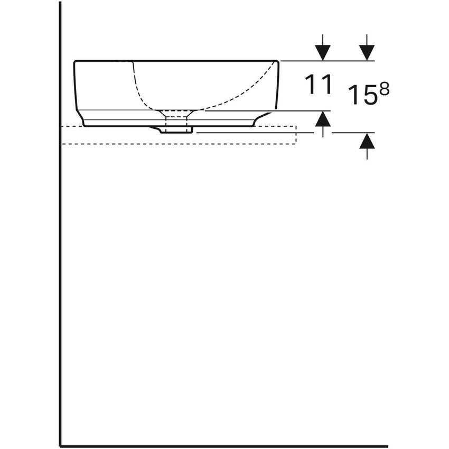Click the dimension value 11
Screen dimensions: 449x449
pos(319,85)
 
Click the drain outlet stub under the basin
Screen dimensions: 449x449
pos(176,128)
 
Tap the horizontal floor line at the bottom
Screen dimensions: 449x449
pos(222,446)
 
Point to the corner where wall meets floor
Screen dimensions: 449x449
pos(60,446)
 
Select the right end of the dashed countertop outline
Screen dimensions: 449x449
pos(296,135)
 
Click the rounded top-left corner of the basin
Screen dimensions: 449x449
pos(76,63)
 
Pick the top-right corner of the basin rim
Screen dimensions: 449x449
pos(277,61)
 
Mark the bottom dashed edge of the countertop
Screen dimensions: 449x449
pos(180,144)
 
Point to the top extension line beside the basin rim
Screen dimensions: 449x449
pos(328,61)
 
